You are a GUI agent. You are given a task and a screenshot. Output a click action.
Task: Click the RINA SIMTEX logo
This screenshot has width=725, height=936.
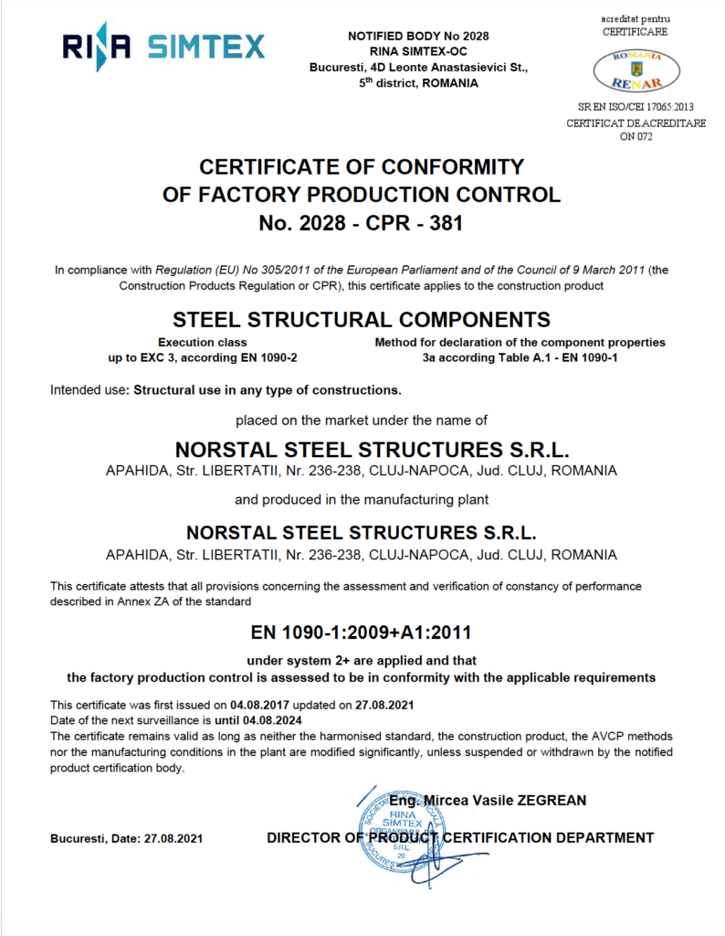point(163,46)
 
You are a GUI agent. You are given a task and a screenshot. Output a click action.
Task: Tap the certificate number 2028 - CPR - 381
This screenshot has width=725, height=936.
point(362,222)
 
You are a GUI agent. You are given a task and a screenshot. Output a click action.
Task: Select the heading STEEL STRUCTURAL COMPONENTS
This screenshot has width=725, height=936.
point(362,320)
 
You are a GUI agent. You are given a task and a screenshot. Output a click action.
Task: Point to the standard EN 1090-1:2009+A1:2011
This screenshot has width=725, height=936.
point(362,633)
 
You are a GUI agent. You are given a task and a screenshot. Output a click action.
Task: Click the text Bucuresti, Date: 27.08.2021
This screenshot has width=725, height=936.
point(127,838)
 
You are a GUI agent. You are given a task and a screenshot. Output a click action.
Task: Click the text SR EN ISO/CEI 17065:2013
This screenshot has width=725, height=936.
point(636,108)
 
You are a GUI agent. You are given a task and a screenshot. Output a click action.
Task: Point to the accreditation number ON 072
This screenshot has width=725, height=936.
point(636,137)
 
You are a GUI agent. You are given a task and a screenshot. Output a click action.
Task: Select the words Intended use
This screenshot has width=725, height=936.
point(89,390)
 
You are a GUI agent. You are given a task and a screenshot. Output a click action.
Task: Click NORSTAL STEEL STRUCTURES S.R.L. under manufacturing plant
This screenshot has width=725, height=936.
point(362,533)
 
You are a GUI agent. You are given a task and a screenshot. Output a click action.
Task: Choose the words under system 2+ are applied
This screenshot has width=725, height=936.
point(362,660)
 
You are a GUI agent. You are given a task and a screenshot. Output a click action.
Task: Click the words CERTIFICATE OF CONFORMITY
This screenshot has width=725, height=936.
point(362,167)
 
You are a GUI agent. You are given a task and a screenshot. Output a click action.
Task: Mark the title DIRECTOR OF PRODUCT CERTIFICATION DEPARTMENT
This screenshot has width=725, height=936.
point(460,838)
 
